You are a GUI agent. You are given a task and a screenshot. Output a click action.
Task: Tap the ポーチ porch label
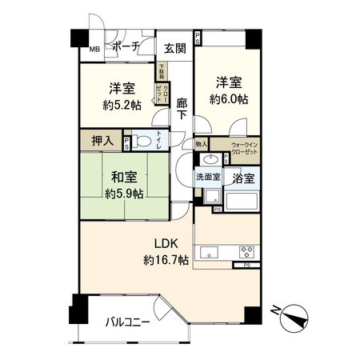pos(126,46)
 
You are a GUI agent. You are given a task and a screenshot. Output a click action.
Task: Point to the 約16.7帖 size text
pos(166,260)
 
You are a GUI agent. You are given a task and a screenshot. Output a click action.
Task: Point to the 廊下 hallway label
pos(182,109)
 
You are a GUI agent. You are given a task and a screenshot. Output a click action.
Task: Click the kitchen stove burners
pos(245,250)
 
